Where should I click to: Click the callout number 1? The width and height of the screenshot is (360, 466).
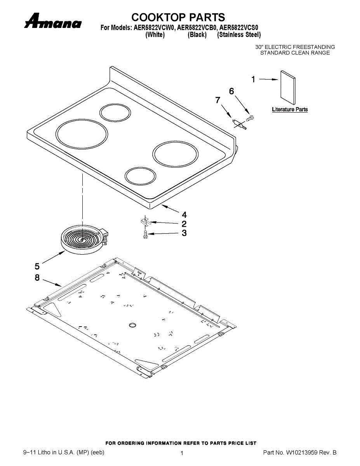point(253,80)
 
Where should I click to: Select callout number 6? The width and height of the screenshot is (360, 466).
point(231,91)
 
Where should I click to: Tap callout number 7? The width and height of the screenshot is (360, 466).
point(218,100)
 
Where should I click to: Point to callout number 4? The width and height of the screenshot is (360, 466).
point(184,215)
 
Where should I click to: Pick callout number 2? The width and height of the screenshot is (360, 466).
point(184,224)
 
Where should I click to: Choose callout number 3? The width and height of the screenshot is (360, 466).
point(184,233)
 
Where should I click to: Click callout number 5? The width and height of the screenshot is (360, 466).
point(37,266)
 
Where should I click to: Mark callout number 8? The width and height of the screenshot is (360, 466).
point(37,278)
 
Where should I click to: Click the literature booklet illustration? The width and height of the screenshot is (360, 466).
point(288,88)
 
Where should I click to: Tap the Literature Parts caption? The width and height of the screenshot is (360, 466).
point(290,110)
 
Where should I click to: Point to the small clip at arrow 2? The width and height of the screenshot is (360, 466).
point(144,221)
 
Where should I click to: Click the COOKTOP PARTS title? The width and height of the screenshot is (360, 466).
point(178,17)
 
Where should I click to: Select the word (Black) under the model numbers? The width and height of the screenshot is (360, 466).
point(197,35)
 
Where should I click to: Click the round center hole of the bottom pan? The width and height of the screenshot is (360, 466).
point(132,324)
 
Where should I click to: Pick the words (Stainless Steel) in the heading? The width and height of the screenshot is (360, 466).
point(239,35)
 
